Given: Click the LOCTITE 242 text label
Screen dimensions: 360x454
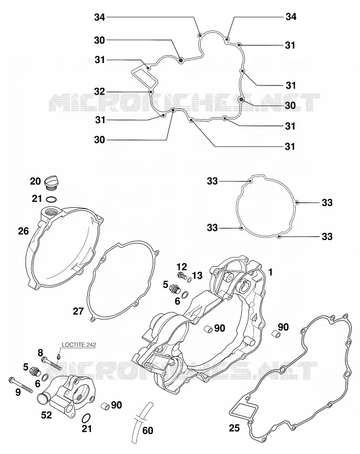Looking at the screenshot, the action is (79, 344).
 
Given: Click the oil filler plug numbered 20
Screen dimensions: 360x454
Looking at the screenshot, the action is (50, 183).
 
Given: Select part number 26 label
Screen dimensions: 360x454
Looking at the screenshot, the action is (24, 231).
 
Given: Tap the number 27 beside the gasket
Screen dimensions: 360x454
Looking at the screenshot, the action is (78, 312).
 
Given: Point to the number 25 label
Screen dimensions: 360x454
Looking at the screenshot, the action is (235, 428).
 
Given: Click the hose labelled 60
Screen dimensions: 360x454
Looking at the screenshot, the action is (141, 423).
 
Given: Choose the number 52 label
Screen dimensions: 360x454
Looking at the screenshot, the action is (46, 415).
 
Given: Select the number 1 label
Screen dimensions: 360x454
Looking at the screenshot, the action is (270, 272).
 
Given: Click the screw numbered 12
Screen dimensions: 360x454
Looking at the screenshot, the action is (181, 275).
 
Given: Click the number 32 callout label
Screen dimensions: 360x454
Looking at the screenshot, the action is (99, 92).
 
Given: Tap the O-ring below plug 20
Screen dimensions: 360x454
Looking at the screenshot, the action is (52, 199).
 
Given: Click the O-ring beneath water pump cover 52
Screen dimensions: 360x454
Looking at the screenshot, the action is (86, 418).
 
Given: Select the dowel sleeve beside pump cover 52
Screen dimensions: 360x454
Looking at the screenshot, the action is (105, 406).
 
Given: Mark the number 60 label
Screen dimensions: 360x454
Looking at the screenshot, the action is (148, 430).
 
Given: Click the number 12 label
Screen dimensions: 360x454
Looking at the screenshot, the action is (181, 266).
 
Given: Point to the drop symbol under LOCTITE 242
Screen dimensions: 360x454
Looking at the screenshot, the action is (59, 356).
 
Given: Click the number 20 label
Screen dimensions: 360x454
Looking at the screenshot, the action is (35, 182).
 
